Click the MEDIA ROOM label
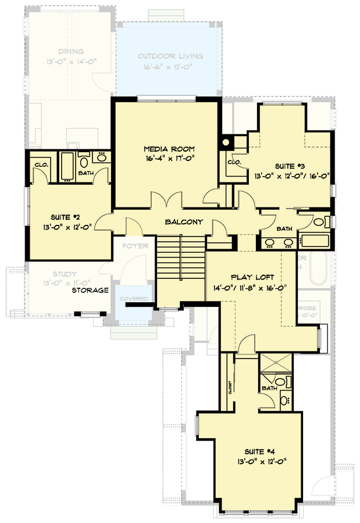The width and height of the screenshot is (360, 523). (x=166, y=149)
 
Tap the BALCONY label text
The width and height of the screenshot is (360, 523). (x=183, y=222)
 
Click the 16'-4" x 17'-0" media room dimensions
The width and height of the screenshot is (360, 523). (x=166, y=158)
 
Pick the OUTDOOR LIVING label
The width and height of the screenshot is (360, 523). (x=170, y=56)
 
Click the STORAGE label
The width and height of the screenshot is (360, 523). (x=90, y=290)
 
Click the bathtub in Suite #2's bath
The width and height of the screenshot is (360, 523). (x=67, y=166)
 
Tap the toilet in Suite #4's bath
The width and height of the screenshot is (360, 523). (x=281, y=382)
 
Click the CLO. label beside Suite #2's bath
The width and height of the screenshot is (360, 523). (x=41, y=164)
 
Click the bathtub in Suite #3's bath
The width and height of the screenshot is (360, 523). (x=313, y=239)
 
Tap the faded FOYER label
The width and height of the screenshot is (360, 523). (x=135, y=246)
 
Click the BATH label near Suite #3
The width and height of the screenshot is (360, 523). (x=284, y=229)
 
